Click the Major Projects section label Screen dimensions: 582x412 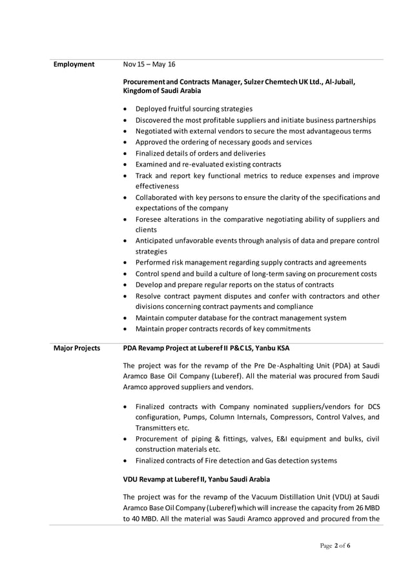click(76, 348)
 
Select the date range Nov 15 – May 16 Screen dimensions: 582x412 click(149, 65)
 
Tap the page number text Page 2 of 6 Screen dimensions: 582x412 click(335, 546)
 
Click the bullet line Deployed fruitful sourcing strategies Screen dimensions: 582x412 click(194, 108)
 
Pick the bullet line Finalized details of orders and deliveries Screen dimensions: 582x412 click(200, 154)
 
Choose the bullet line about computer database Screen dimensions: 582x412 click(240, 318)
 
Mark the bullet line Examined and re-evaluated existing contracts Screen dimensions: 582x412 click(208, 165)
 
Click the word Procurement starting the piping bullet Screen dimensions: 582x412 click(160, 439)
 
